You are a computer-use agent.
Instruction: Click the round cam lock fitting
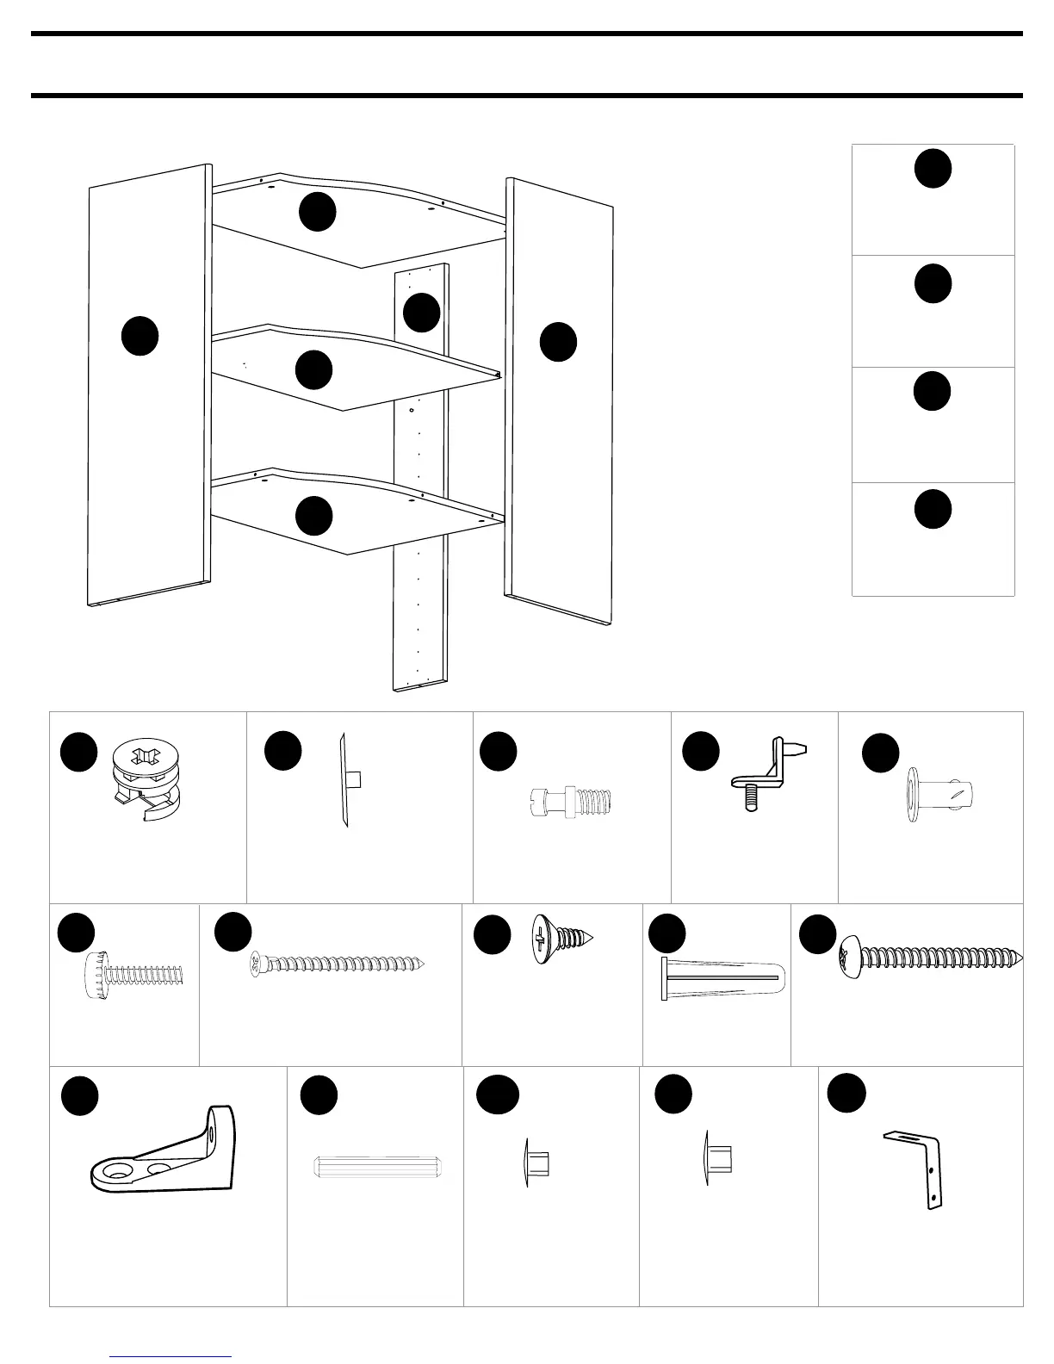pyautogui.click(x=146, y=780)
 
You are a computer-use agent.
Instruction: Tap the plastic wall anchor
pyautogui.click(x=721, y=978)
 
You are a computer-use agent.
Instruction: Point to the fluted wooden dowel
pyautogui.click(x=380, y=1168)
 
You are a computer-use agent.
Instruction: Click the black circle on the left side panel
pyautogui.click(x=139, y=336)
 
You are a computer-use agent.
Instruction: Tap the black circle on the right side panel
pyautogui.click(x=558, y=342)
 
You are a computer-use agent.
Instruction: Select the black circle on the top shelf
pyautogui.click(x=317, y=212)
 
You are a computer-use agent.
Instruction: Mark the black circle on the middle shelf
pyautogui.click(x=313, y=369)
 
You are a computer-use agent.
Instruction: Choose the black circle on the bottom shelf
pyautogui.click(x=314, y=515)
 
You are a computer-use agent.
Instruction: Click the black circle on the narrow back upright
pyautogui.click(x=422, y=312)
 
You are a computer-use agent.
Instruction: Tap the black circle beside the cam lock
pyautogui.click(x=78, y=752)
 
